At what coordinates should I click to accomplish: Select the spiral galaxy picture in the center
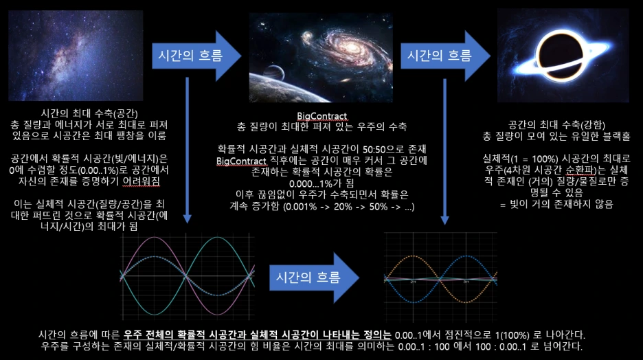point(321,56)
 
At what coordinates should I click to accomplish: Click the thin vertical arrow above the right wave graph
point(445,155)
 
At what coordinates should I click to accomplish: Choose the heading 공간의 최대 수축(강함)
point(562,124)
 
